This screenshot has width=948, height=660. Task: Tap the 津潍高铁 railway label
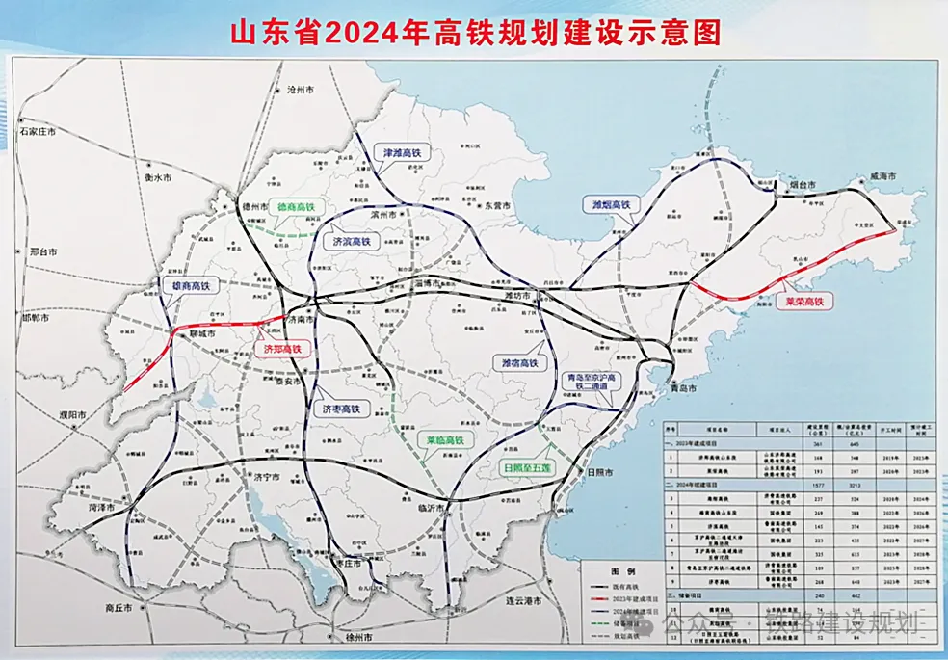pos(403,153)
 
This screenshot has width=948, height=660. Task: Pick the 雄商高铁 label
pos(190,285)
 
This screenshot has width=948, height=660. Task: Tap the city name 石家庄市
pos(38,130)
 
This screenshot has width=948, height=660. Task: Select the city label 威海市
pos(882,176)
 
